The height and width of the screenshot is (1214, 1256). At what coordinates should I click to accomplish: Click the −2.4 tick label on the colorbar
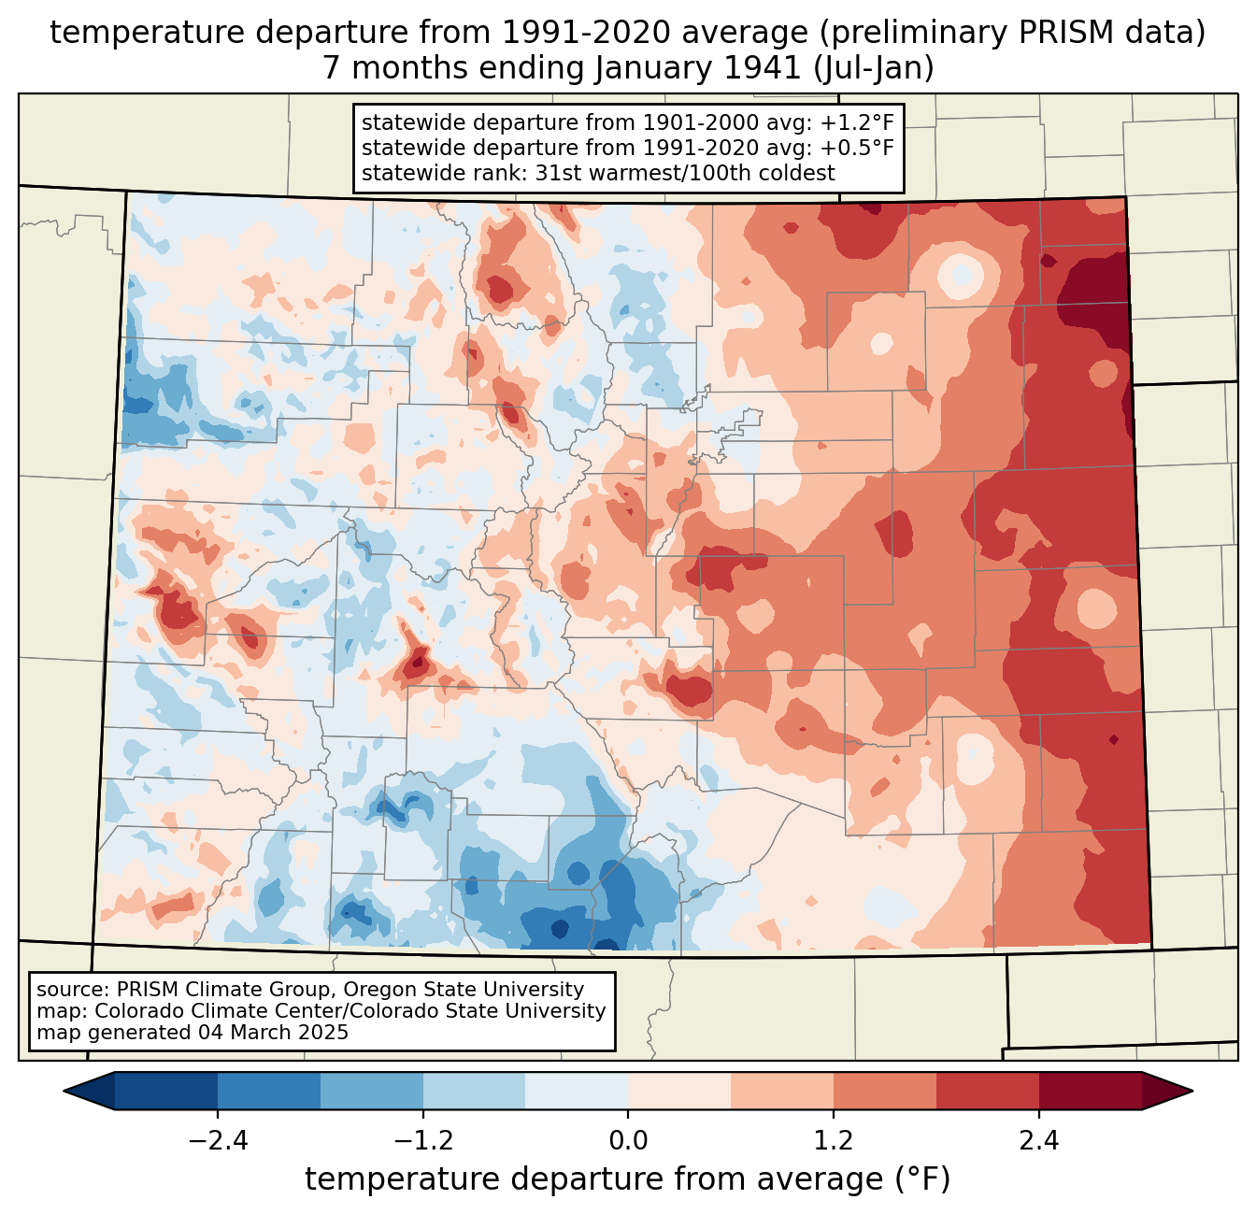(218, 1141)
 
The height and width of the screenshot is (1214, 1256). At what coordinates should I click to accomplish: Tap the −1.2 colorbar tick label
(422, 1141)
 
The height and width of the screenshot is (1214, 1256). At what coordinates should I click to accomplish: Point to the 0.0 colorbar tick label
(628, 1141)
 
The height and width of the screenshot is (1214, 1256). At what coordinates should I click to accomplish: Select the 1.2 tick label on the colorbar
(834, 1141)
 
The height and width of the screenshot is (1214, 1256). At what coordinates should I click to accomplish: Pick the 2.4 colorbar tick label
(1038, 1141)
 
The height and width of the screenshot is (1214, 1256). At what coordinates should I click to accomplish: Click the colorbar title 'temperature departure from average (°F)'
(628, 1179)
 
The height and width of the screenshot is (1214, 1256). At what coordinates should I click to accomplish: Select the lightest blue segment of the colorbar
(577, 1091)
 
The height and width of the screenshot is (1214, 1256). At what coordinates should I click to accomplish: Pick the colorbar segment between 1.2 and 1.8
(885, 1091)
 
